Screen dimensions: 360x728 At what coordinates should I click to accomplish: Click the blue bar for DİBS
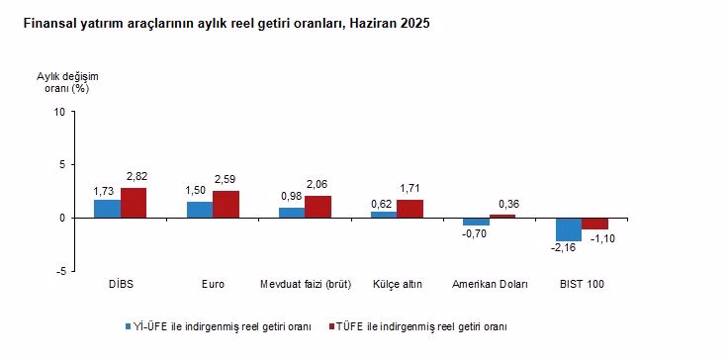pos(107,209)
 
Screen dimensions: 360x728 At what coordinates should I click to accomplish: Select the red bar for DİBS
pos(134,203)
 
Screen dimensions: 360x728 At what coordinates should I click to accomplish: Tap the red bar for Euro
pos(226,204)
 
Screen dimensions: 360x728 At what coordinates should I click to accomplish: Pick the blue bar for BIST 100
pos(568,228)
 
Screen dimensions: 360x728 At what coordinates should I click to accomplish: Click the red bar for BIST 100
pos(594,224)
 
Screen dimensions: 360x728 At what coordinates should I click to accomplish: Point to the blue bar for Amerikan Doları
pos(476,222)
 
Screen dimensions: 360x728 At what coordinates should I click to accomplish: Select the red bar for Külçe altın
pos(409,209)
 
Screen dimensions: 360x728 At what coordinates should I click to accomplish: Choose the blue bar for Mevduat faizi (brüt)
pos(292,213)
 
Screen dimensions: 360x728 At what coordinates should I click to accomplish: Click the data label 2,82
pos(134,178)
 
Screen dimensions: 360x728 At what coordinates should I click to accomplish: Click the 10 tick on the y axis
pos(59,112)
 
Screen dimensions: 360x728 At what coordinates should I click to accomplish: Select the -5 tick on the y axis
pos(60,271)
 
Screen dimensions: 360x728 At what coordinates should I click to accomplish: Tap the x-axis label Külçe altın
pos(398,285)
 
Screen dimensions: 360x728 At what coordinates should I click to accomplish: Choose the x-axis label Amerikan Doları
pos(490,285)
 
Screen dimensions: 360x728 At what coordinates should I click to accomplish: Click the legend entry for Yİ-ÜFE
pos(217,325)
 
